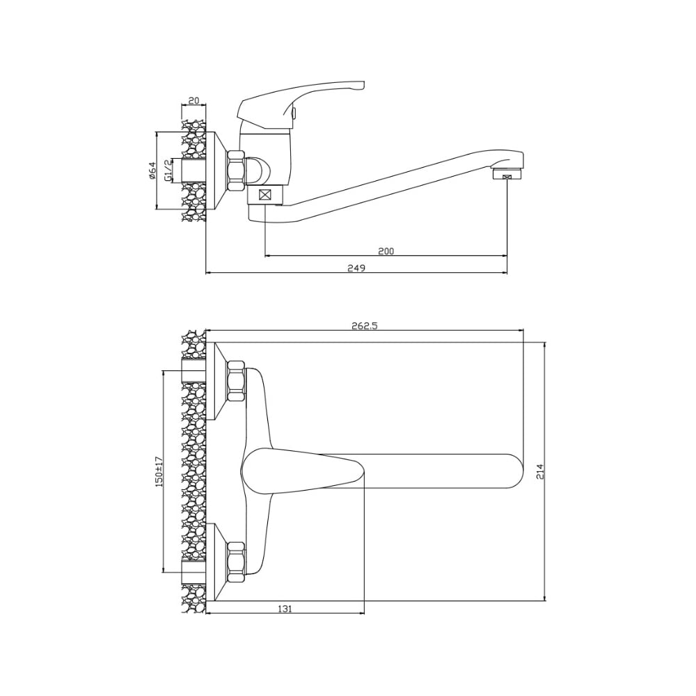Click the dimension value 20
(x=194, y=100)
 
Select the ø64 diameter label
(x=152, y=171)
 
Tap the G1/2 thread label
(x=168, y=171)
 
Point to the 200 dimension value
(x=386, y=251)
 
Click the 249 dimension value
(x=356, y=268)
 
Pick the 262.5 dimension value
(x=365, y=326)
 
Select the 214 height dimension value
(x=540, y=471)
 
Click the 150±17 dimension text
(x=159, y=471)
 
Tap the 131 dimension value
(x=285, y=609)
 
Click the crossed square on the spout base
(x=265, y=194)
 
